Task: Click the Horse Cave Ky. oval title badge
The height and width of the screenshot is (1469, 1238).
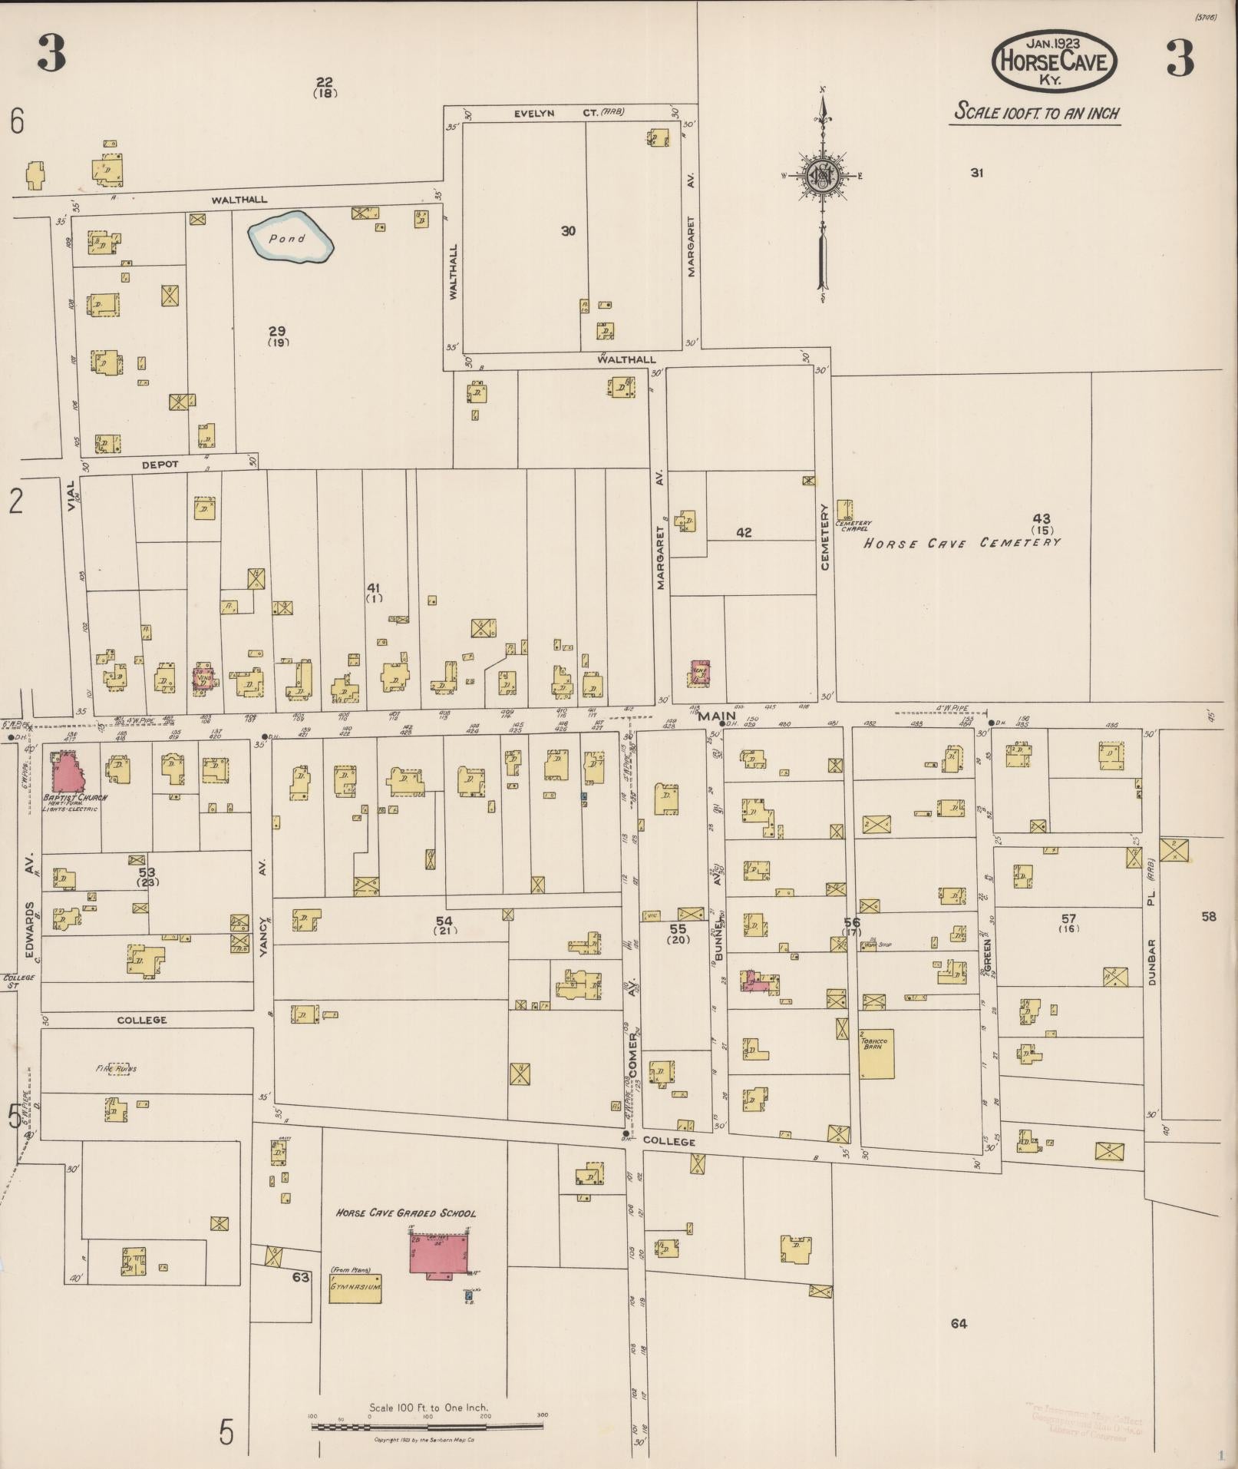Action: pos(1054,58)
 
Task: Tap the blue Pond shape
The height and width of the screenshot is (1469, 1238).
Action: pos(291,237)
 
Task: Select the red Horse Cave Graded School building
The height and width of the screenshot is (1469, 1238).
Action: pos(439,1253)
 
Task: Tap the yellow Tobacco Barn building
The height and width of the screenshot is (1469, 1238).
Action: pos(877,1054)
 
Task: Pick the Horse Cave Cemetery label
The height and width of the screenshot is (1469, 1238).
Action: pos(962,543)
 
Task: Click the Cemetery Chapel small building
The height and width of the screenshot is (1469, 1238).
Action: pos(844,509)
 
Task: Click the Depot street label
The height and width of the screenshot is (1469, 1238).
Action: pos(160,465)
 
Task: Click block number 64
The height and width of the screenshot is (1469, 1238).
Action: pos(958,1323)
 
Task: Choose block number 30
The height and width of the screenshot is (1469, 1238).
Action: pos(568,230)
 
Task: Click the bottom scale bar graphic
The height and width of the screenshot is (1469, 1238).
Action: pos(428,1426)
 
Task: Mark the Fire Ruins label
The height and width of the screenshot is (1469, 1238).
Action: pos(117,1068)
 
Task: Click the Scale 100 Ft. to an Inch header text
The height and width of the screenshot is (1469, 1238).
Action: pos(1036,112)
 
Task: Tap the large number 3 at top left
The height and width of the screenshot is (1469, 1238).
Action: pos(51,56)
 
